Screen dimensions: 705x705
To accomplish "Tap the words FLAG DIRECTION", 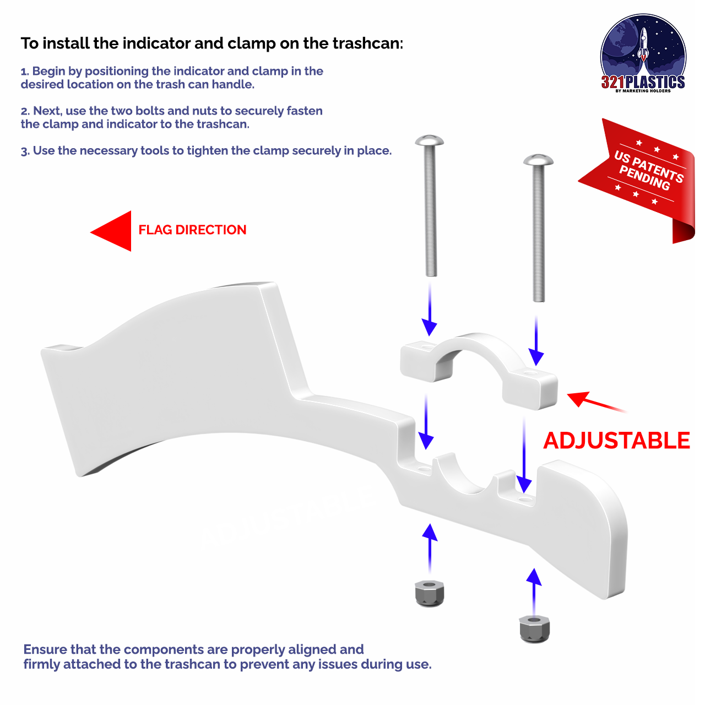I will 192,230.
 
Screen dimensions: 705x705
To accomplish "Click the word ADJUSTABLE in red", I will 616,441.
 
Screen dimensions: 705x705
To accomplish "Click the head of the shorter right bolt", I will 538,160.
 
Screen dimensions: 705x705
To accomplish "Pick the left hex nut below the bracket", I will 430,593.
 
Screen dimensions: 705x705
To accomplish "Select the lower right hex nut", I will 534,628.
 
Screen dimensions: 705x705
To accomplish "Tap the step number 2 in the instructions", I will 24,111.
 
